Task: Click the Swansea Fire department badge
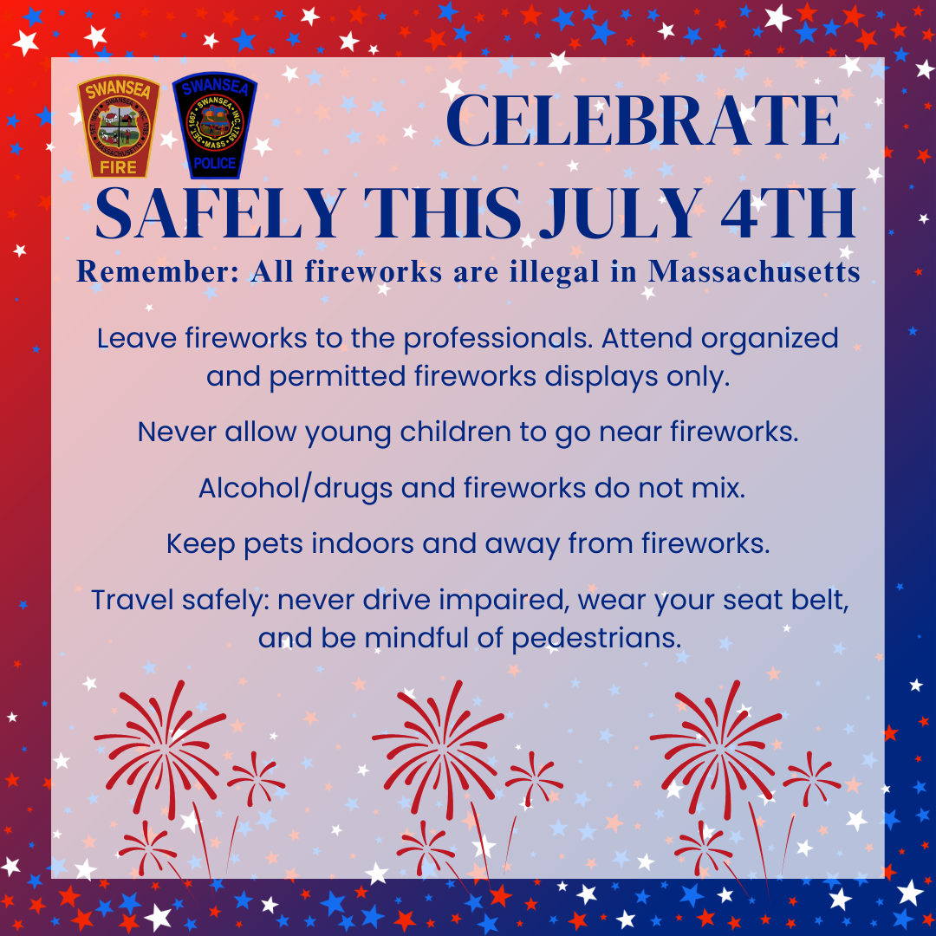[118, 126]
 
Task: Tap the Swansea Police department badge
[215, 126]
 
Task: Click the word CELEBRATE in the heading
[643, 120]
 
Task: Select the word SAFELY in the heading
[220, 214]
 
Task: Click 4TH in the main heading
[789, 214]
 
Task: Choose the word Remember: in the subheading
[158, 271]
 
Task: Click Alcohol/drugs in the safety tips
[296, 489]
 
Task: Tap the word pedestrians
[596, 638]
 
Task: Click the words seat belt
[785, 600]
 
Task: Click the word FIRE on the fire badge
[118, 167]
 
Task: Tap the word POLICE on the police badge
[215, 162]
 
